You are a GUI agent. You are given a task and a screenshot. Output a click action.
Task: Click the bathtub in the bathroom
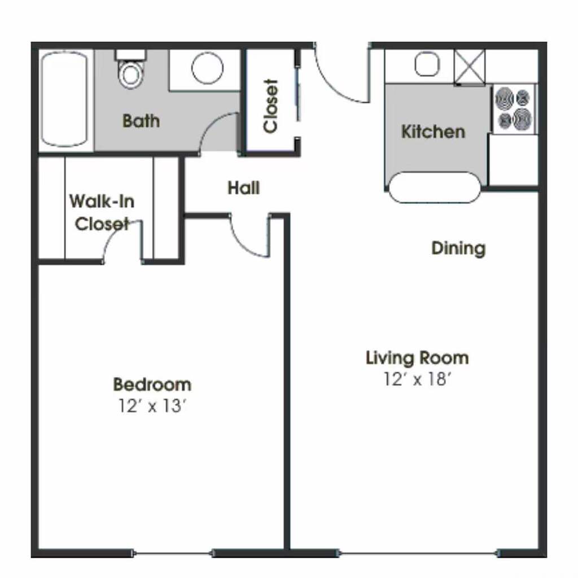(64, 99)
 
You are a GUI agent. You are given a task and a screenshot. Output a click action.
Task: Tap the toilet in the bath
(131, 70)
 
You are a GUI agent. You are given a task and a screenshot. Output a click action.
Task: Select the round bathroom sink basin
(207, 68)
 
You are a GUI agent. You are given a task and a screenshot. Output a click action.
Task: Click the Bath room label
(141, 121)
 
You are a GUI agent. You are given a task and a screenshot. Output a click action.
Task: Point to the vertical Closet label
(270, 106)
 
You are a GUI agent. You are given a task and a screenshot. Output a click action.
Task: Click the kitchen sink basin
(427, 64)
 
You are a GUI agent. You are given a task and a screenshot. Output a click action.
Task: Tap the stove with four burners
(514, 110)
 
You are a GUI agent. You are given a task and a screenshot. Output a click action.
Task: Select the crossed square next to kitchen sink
(469, 67)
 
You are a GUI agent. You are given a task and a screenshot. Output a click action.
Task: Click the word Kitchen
(433, 132)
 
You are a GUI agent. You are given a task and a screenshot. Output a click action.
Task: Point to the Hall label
(244, 188)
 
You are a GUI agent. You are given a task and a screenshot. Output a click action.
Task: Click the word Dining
(458, 248)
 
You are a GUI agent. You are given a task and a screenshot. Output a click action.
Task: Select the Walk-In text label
(102, 202)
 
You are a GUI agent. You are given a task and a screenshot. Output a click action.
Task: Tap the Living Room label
(417, 358)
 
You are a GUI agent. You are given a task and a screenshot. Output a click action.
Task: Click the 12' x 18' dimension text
(417, 379)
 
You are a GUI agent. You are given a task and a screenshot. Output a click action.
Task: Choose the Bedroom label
(152, 384)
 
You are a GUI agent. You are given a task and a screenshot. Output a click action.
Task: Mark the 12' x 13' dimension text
(152, 406)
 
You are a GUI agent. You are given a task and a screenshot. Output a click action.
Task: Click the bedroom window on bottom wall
(172, 553)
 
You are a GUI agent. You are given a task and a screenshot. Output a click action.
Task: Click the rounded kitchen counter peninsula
(435, 187)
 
